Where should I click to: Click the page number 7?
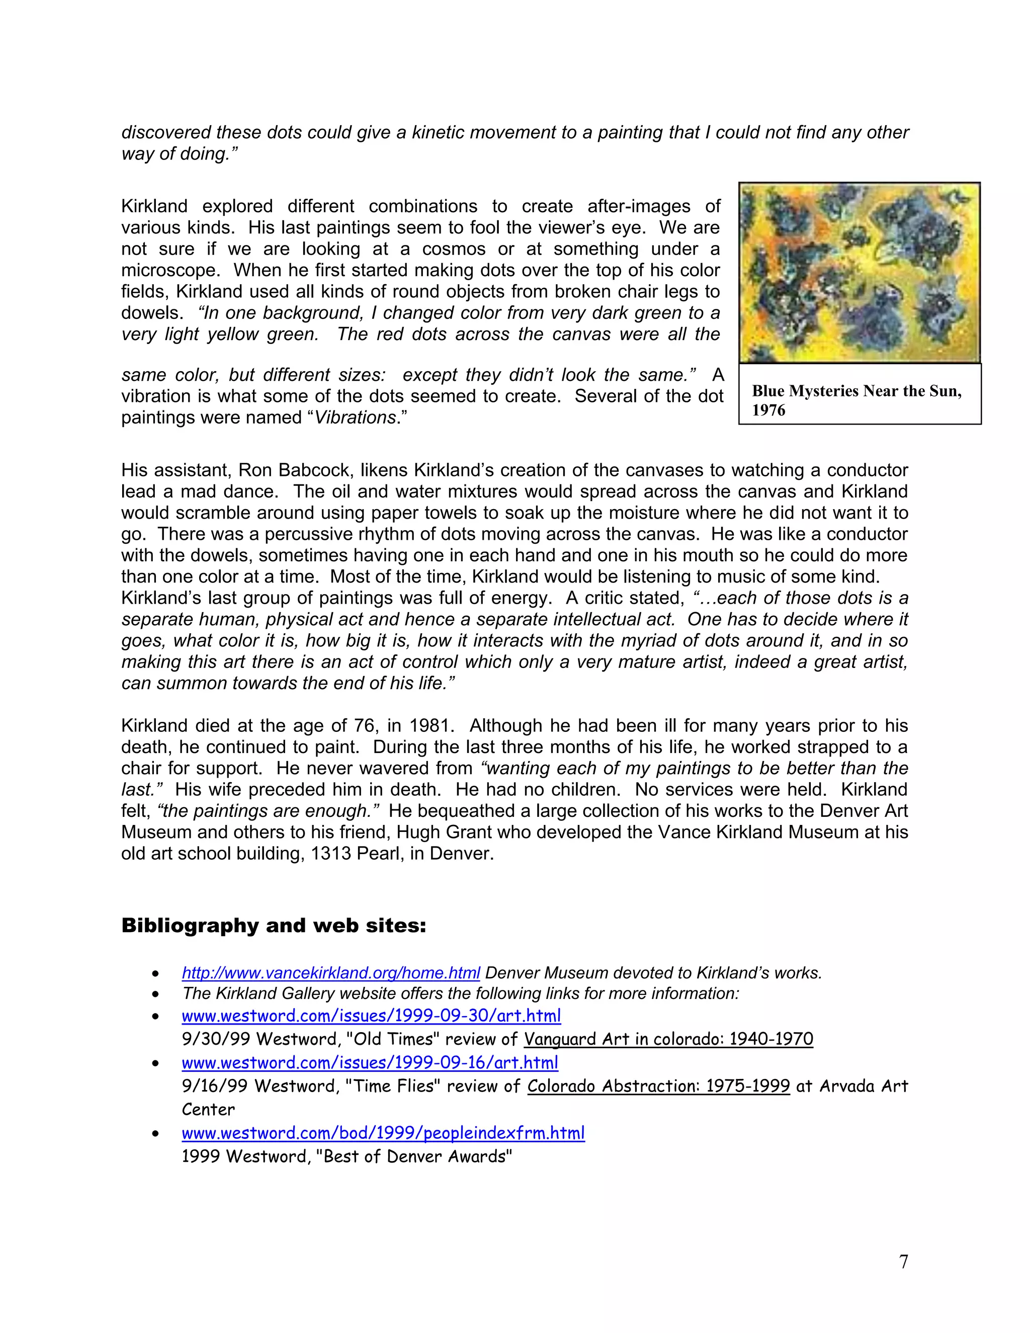coord(903,1261)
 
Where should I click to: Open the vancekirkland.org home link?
coord(331,973)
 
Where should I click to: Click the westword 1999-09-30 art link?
coord(371,1016)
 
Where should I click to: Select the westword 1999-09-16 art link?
coord(370,1062)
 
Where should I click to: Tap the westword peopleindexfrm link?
coord(383,1133)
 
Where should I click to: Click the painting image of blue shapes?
coord(859,272)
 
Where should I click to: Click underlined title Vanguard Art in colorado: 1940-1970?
coord(668,1039)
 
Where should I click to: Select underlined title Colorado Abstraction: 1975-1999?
coord(658,1086)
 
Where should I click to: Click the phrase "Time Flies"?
coord(392,1086)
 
